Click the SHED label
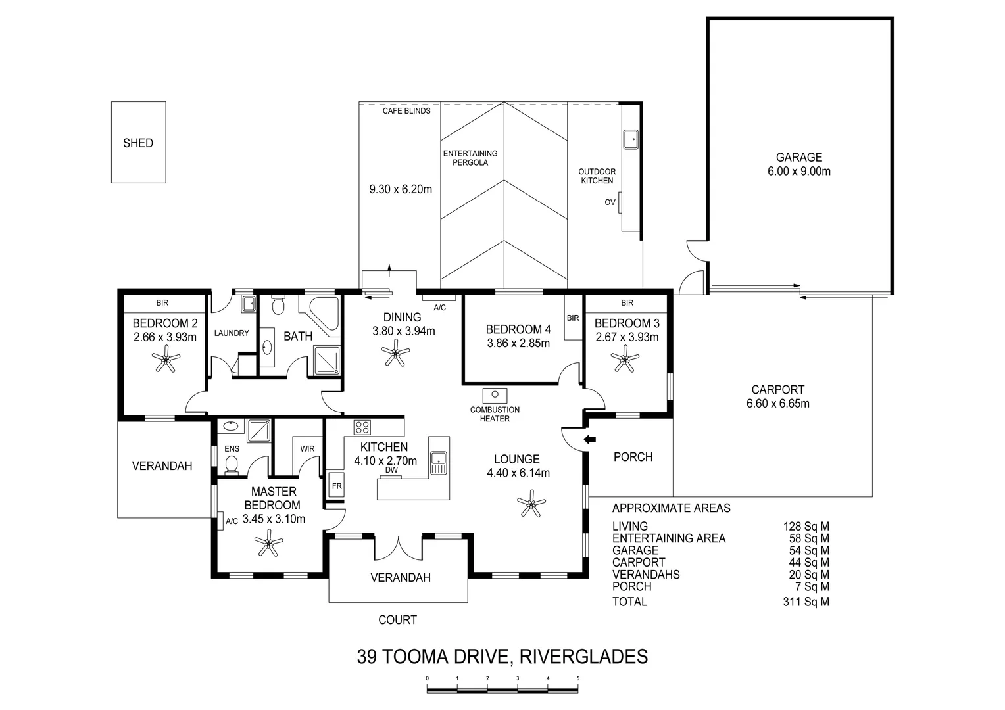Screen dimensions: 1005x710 (138, 143)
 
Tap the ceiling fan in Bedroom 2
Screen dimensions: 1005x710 (166, 359)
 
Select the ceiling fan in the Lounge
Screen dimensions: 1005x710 (531, 504)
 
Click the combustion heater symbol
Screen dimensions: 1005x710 (495, 396)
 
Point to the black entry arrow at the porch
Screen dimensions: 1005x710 (589, 440)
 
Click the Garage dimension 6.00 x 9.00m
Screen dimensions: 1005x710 (799, 172)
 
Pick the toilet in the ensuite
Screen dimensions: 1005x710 (231, 464)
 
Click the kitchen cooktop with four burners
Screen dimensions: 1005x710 (362, 427)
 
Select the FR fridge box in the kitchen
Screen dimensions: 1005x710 (337, 485)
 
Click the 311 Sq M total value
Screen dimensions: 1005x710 (806, 602)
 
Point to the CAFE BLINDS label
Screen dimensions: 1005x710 (406, 111)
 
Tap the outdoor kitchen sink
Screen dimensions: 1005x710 (630, 139)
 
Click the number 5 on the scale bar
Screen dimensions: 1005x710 (578, 678)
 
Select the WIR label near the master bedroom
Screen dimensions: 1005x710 (307, 449)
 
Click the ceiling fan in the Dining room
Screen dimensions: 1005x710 (395, 352)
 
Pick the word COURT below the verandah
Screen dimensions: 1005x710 (397, 620)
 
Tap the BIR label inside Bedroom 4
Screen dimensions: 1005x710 (573, 318)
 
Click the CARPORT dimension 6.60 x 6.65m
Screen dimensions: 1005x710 (778, 404)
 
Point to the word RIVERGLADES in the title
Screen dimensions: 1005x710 (583, 657)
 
